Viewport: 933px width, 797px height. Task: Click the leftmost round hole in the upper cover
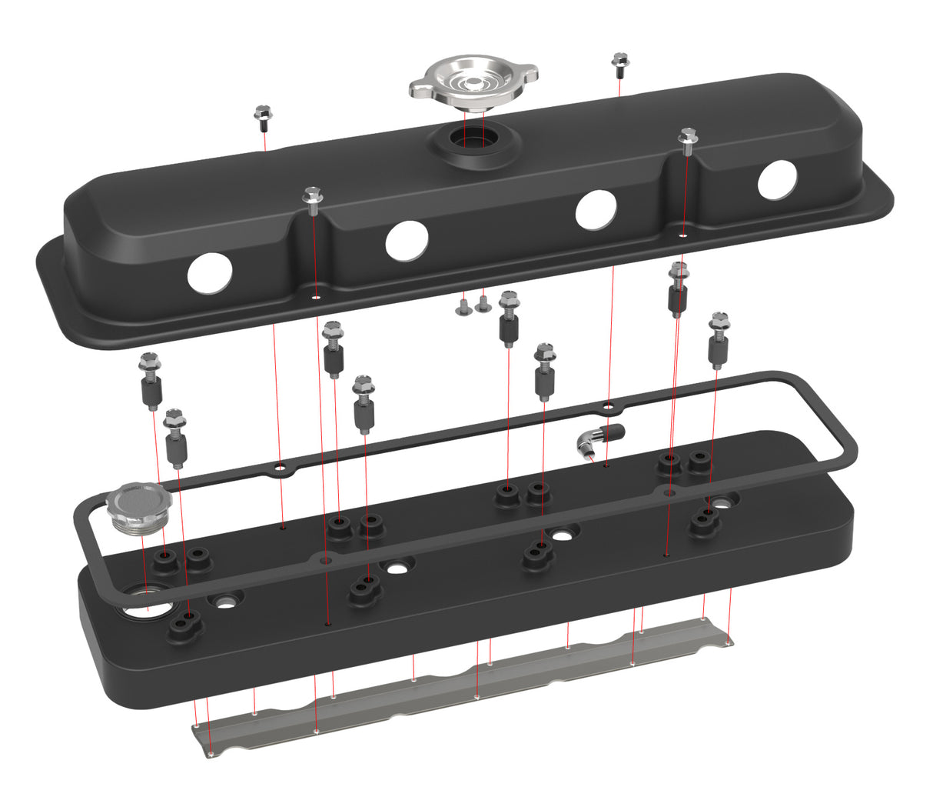pyautogui.click(x=209, y=272)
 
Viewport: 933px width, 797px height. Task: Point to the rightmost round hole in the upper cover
pyautogui.click(x=778, y=180)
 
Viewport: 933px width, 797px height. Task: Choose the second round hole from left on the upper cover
pyautogui.click(x=407, y=241)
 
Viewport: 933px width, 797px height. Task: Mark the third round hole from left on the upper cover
pyautogui.click(x=596, y=209)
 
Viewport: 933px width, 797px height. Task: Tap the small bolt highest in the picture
pyautogui.click(x=619, y=62)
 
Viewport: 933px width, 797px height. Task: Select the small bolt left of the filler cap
pyautogui.click(x=263, y=117)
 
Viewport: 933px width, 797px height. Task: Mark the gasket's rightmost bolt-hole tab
pyautogui.click(x=669, y=490)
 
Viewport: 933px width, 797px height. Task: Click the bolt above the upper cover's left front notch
pyautogui.click(x=313, y=199)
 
